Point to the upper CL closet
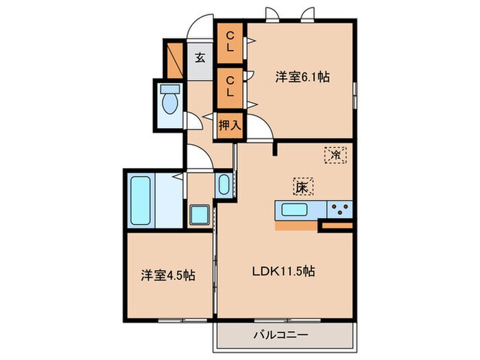pos(230,43)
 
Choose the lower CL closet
pos(230,86)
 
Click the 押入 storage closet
pos(229,125)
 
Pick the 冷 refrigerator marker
pos(335,154)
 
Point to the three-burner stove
pos(339,208)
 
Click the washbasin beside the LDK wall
pos(224,184)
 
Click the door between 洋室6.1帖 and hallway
pos(259,127)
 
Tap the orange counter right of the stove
pos(336,224)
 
